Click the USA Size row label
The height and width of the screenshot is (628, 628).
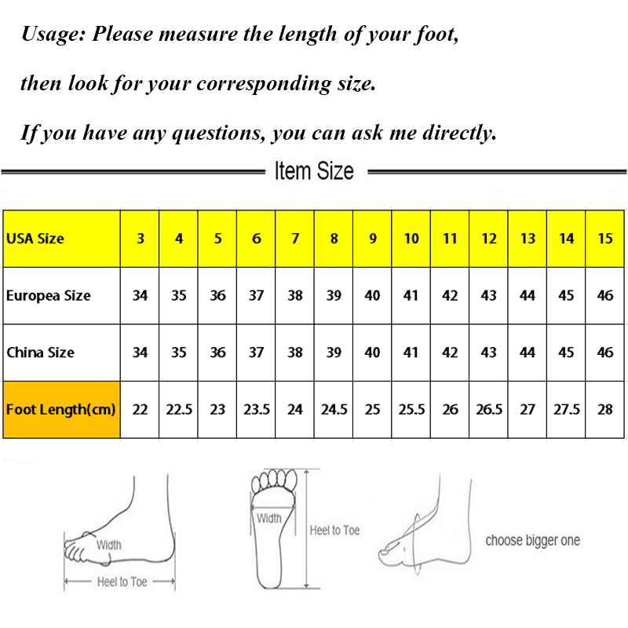[35, 239]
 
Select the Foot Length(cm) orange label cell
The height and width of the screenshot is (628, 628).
[62, 409]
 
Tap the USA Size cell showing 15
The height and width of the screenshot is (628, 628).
[605, 239]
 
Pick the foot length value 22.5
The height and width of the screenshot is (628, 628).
[179, 409]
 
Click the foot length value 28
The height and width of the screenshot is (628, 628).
[604, 409]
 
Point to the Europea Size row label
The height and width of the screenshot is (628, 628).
[49, 296]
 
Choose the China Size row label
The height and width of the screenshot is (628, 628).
[41, 352]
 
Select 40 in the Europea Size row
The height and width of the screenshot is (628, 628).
[372, 296]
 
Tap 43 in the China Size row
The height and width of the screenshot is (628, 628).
[488, 352]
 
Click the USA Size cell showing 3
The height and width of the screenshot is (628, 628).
[141, 239]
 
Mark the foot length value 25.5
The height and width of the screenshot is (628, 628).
[411, 409]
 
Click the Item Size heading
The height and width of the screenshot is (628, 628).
[314, 171]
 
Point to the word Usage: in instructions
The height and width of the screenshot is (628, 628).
[53, 34]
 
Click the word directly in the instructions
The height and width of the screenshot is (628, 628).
[460, 133]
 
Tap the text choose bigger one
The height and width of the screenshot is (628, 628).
[533, 540]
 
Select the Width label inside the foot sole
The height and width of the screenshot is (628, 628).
[269, 518]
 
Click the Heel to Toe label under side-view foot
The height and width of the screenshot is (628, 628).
[122, 582]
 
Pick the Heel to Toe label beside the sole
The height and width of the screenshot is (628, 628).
[335, 531]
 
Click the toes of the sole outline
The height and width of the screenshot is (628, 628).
[274, 480]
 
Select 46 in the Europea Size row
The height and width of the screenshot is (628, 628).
[604, 296]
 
